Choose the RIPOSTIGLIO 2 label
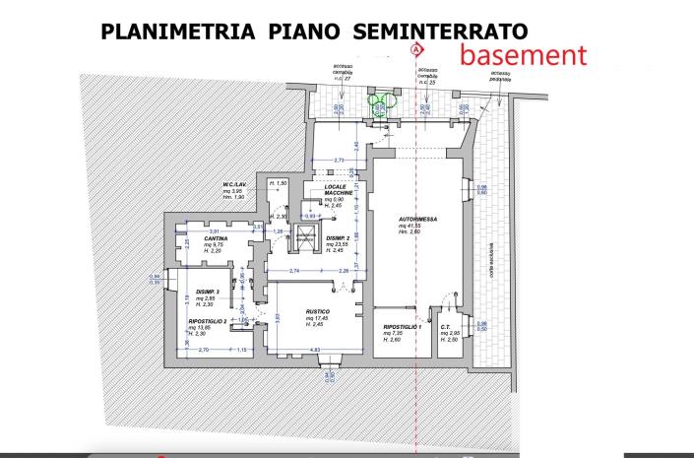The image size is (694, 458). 208,321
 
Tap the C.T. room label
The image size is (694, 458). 446,327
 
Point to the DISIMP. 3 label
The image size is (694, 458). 207,292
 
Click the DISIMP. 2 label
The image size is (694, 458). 340,236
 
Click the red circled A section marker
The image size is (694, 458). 416,48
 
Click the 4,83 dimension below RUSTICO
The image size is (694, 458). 315,349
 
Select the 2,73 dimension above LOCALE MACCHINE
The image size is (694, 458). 340,160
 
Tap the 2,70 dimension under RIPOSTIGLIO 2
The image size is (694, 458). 205,349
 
